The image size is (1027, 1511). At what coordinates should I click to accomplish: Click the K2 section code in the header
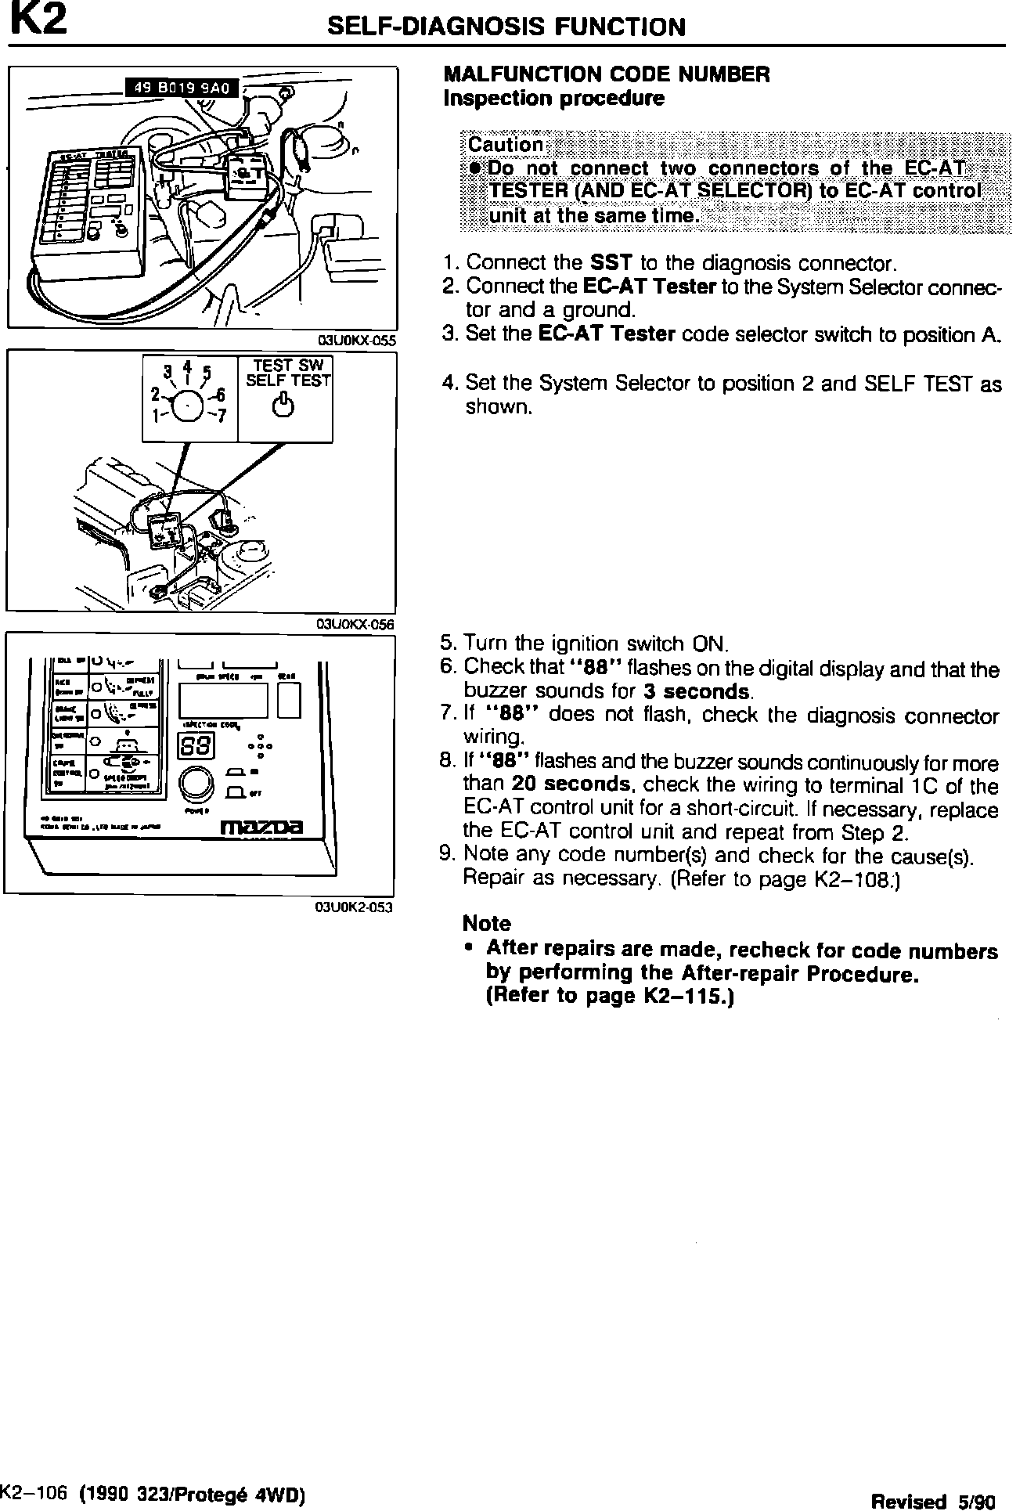(38, 22)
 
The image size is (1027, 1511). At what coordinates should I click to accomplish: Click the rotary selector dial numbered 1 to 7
(189, 405)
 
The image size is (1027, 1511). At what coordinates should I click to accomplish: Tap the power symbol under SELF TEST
(286, 406)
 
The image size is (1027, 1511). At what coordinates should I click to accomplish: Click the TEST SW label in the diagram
(286, 366)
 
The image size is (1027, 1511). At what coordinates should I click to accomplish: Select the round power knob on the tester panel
(196, 784)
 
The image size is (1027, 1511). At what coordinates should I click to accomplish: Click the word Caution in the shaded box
(505, 145)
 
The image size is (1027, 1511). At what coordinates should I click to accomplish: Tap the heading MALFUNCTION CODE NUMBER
(607, 74)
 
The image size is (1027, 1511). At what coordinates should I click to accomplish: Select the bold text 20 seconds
(571, 784)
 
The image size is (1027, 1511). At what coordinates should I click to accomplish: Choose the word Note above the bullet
(487, 923)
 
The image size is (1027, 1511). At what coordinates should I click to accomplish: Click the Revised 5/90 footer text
(933, 1500)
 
